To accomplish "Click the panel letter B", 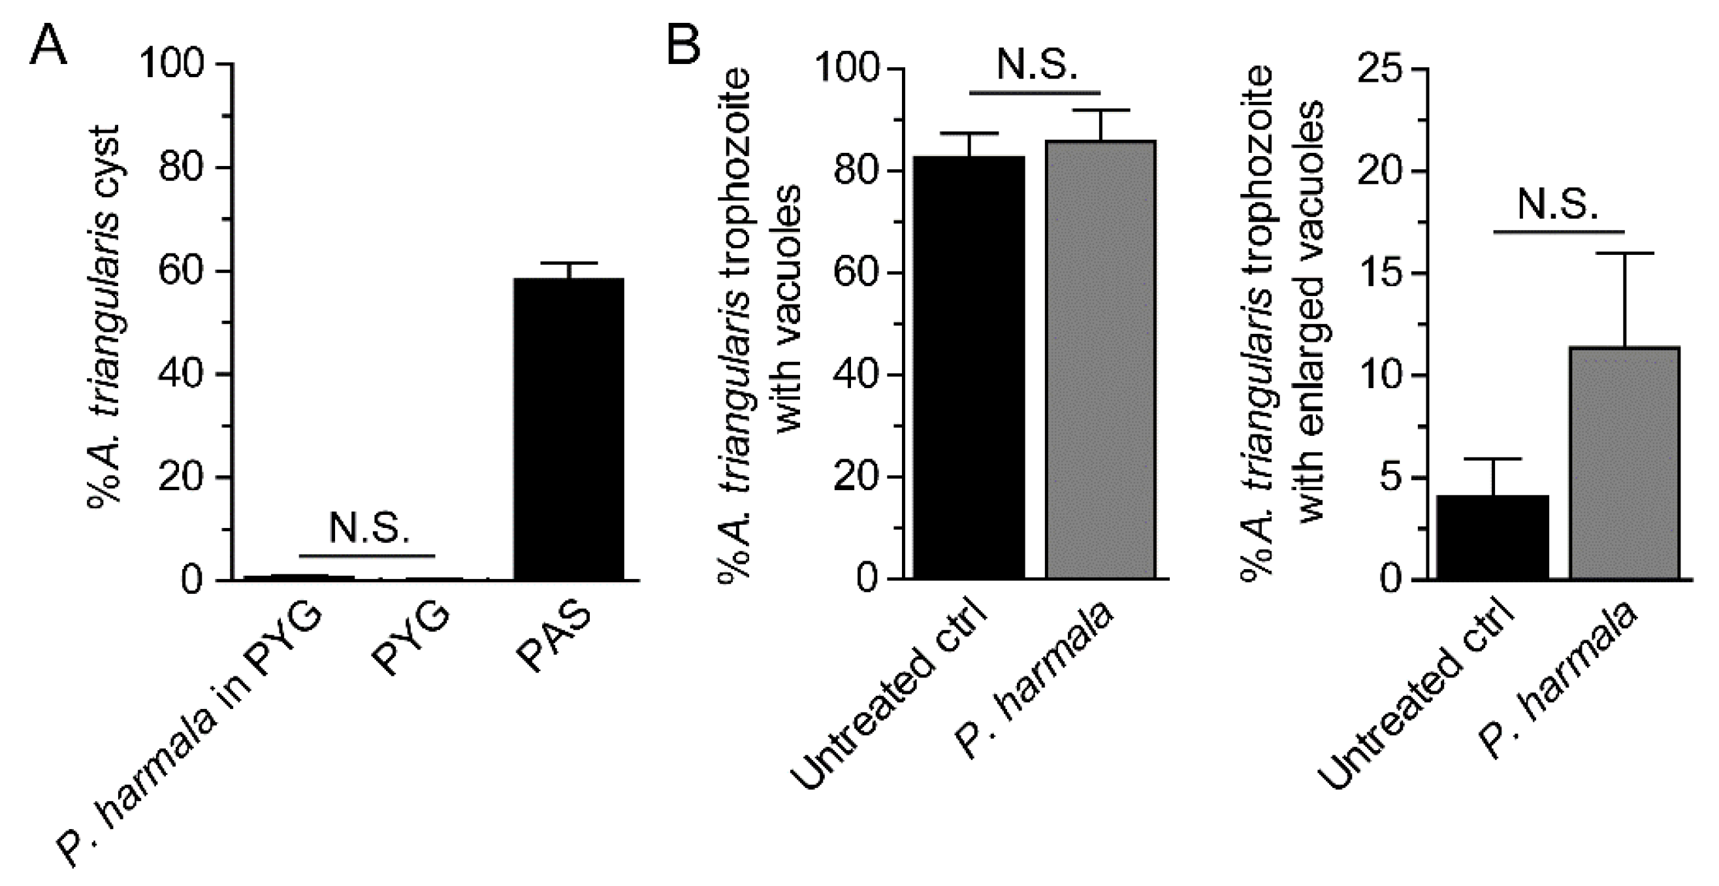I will (x=684, y=44).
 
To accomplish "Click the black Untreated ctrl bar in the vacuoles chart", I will (x=969, y=367).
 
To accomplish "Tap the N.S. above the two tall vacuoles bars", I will (x=1036, y=65).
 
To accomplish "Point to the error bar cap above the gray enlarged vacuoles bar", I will (x=1624, y=253).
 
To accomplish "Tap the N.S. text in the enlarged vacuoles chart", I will (x=1558, y=205).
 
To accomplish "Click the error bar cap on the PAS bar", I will (x=569, y=263).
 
